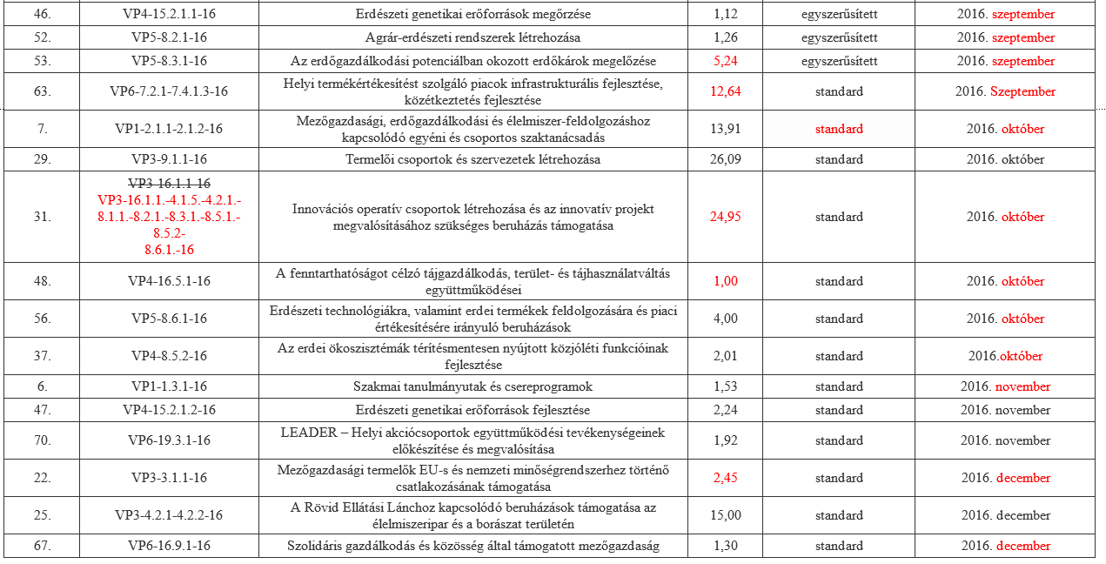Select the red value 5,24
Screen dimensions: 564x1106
point(726,61)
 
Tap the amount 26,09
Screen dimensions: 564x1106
point(726,159)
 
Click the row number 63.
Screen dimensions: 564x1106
point(41,91)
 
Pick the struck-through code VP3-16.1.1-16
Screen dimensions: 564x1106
point(170,184)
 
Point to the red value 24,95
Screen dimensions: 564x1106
point(726,217)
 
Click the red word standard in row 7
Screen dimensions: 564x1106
point(839,129)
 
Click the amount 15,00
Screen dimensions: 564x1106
point(726,515)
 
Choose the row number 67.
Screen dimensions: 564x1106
point(41,546)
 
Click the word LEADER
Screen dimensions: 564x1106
point(307,433)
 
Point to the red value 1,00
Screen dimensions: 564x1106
point(726,281)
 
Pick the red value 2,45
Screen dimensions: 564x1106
point(726,478)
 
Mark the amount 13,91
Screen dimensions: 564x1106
point(726,129)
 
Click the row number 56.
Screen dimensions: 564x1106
point(41,319)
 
